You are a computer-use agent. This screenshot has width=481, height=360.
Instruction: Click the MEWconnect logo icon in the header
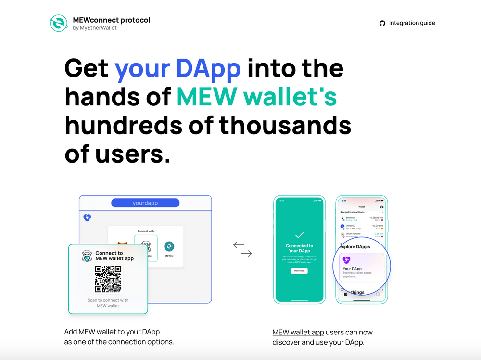point(59,24)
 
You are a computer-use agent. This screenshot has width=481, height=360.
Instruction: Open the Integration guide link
point(412,23)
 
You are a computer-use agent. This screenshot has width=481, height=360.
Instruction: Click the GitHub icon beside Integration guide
point(382,23)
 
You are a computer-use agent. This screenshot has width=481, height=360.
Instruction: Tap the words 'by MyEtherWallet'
point(95,28)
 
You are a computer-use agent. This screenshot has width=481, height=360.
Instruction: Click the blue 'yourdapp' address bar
point(145,203)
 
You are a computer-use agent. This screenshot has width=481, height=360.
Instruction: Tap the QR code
point(108,279)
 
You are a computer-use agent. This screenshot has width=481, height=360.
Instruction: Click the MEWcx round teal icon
point(169,246)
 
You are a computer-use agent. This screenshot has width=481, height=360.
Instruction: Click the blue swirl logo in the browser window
point(87,218)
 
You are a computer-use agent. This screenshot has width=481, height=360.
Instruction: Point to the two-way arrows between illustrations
point(242,249)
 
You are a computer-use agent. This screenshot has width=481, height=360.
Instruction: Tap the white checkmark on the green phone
point(299,235)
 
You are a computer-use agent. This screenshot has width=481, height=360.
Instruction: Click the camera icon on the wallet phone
point(381,206)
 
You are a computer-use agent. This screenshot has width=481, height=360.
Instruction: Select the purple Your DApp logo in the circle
point(346,260)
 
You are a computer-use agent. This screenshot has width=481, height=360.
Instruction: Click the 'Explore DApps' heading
point(355,247)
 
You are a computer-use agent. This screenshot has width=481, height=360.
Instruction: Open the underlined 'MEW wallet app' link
point(298,332)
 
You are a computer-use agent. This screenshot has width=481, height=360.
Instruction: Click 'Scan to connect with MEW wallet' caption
point(108,303)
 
